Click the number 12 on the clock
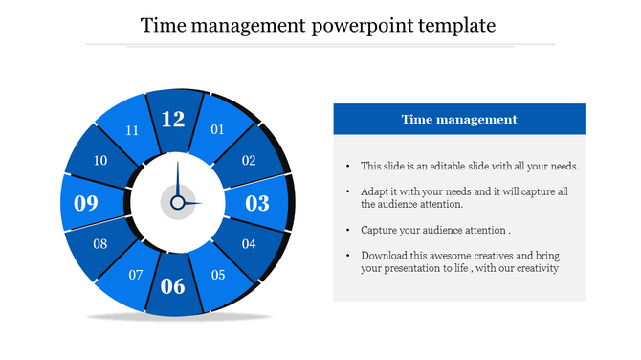173,120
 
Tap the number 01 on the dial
217,129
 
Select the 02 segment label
248,161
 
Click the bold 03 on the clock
257,203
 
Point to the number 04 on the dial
249,244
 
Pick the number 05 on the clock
218,276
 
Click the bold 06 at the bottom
173,285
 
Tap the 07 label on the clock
136,276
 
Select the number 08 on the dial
99,244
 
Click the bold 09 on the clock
86,203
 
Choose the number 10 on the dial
99,161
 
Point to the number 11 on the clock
132,130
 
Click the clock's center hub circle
177,202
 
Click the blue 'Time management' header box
458,120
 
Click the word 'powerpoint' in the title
362,25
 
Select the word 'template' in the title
456,25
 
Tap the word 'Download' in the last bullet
384,256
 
